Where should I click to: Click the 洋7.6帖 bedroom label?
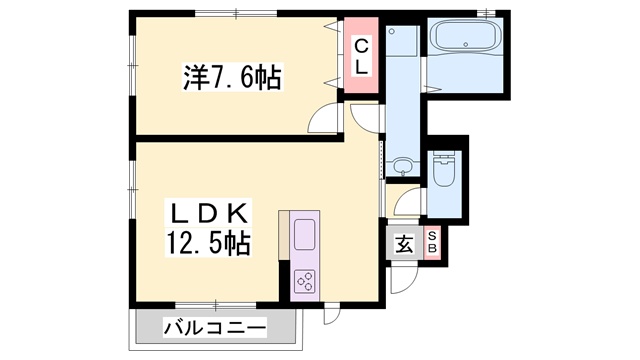pyautogui.click(x=231, y=76)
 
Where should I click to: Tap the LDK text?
pyautogui.click(x=209, y=213)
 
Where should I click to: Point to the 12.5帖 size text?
pyautogui.click(x=209, y=242)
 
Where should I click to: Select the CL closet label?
pyautogui.click(x=361, y=57)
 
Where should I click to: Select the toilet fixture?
pyautogui.click(x=443, y=171)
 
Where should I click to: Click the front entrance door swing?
pyautogui.click(x=399, y=278)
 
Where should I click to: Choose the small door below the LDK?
pyautogui.click(x=332, y=313)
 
